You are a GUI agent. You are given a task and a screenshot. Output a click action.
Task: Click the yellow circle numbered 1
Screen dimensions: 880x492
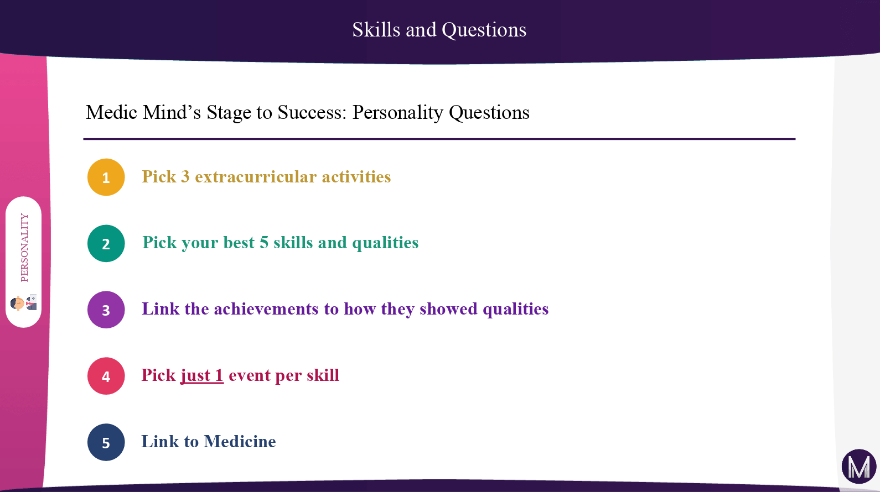tap(106, 177)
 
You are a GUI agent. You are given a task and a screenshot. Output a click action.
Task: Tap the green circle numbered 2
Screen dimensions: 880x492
tap(106, 243)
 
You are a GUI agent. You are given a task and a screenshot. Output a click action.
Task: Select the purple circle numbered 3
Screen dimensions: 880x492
tap(106, 310)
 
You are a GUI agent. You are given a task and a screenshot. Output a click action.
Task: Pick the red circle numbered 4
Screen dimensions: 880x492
tap(106, 376)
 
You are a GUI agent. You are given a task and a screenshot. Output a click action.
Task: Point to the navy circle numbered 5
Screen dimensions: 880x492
tap(106, 442)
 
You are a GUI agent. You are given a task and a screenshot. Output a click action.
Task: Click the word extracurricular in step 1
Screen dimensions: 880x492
tap(256, 176)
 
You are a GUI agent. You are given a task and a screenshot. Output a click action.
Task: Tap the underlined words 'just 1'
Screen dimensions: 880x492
tap(202, 375)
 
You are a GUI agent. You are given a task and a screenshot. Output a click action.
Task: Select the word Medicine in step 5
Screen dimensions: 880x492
tap(240, 441)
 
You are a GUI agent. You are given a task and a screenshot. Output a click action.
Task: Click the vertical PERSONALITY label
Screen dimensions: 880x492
tap(24, 248)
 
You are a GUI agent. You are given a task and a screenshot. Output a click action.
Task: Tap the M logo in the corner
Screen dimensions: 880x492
tap(859, 467)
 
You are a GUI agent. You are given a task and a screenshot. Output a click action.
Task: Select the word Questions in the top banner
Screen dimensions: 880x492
tap(484, 30)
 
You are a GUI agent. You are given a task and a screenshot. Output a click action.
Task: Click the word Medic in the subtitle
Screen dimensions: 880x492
tap(112, 112)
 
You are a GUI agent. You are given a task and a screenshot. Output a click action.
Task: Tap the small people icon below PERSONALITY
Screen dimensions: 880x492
tap(24, 303)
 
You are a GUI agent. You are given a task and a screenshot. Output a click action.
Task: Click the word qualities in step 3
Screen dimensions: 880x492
tap(515, 310)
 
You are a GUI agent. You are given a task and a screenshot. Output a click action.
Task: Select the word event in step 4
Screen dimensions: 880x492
tap(249, 375)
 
